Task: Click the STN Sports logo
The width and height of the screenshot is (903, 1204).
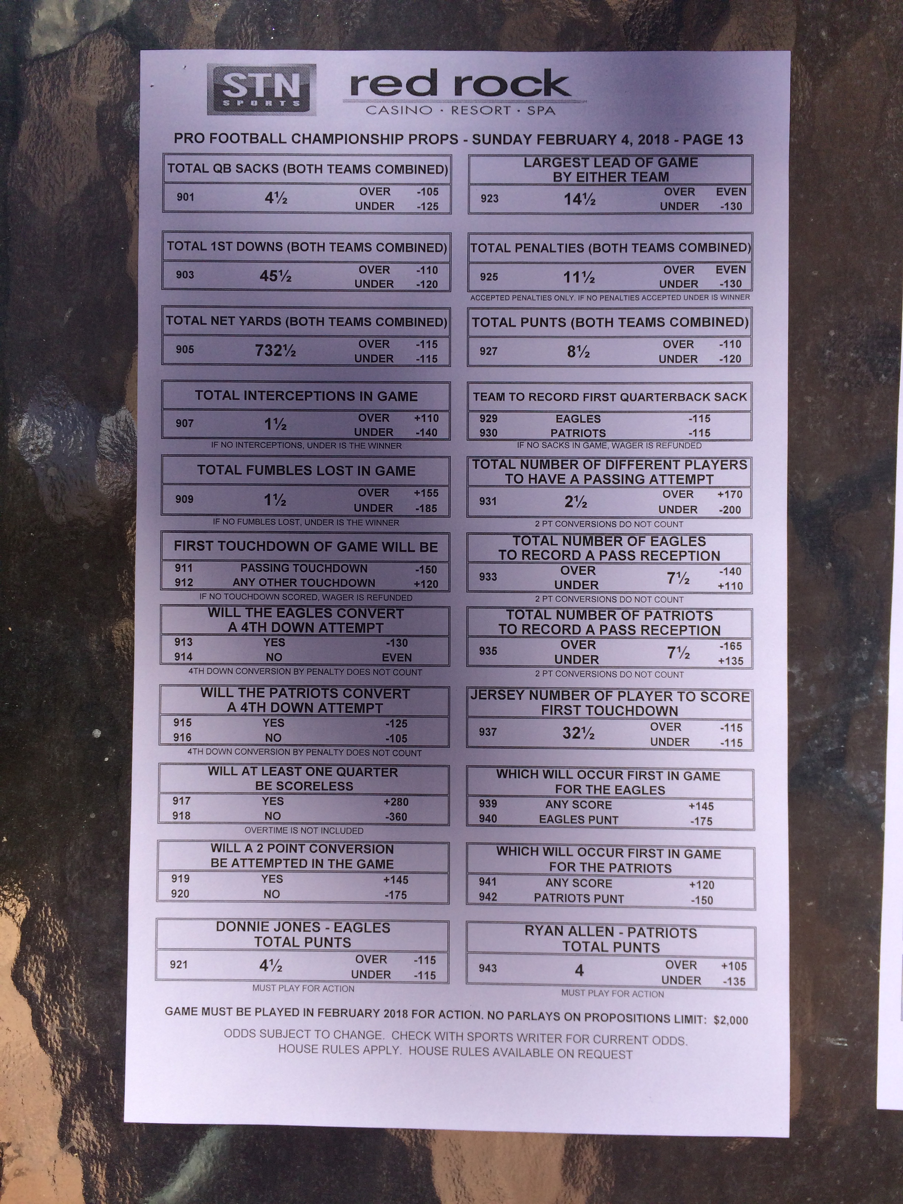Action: (x=262, y=90)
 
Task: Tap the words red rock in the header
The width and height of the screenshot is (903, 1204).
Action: (x=459, y=84)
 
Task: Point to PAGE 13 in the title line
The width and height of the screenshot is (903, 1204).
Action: (x=713, y=139)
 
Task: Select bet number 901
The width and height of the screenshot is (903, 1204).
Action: (x=185, y=197)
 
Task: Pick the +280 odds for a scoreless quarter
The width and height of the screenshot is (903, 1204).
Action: (x=396, y=802)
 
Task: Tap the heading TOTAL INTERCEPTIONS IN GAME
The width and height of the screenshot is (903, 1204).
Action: (x=307, y=396)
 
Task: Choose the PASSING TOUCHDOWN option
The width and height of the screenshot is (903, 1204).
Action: (x=304, y=568)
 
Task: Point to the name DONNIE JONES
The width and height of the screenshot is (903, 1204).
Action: (x=268, y=927)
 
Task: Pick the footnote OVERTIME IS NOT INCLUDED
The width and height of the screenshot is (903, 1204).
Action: (x=304, y=831)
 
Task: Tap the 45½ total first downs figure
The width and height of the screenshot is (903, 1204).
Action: (x=276, y=276)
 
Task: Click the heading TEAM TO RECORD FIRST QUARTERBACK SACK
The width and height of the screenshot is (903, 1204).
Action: (x=610, y=397)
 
